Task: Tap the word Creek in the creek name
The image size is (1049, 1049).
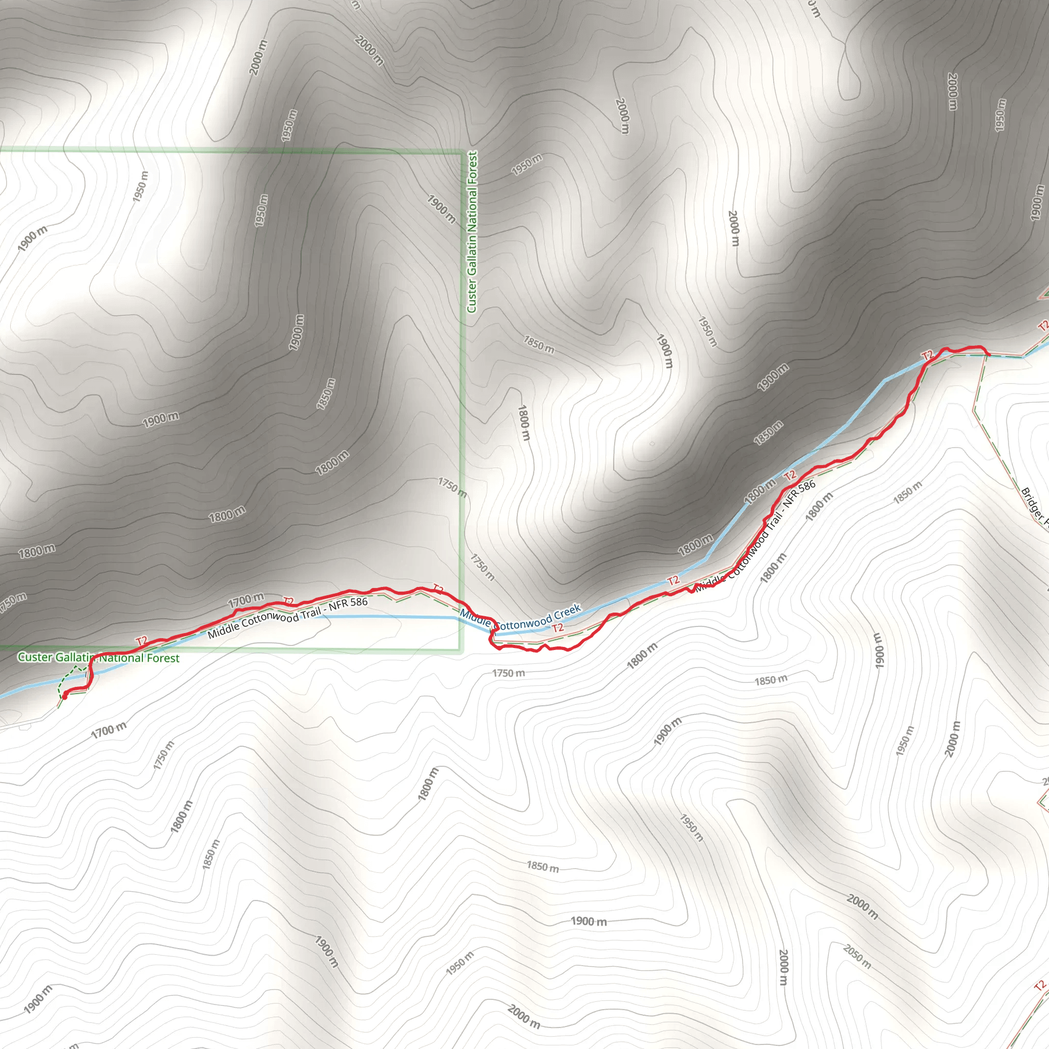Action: pos(568,612)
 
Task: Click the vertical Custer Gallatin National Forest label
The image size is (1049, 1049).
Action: pos(472,232)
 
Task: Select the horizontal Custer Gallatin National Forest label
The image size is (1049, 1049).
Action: pos(98,658)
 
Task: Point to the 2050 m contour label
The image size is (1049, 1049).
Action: pos(857,957)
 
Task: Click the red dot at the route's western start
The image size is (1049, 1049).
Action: pos(65,696)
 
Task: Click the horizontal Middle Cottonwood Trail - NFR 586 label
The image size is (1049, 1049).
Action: pos(287,617)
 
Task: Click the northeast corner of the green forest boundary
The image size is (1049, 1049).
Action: pos(462,152)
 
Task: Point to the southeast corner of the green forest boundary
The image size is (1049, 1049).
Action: pos(461,649)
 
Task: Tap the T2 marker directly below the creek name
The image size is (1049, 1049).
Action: pos(558,628)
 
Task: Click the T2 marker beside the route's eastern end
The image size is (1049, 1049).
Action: pos(928,355)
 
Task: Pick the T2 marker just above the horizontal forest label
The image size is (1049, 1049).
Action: pos(142,641)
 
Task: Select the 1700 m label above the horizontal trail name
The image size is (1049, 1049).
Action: pos(245,600)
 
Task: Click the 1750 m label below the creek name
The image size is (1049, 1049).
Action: pos(508,673)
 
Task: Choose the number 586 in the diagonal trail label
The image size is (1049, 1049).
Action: pos(806,486)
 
